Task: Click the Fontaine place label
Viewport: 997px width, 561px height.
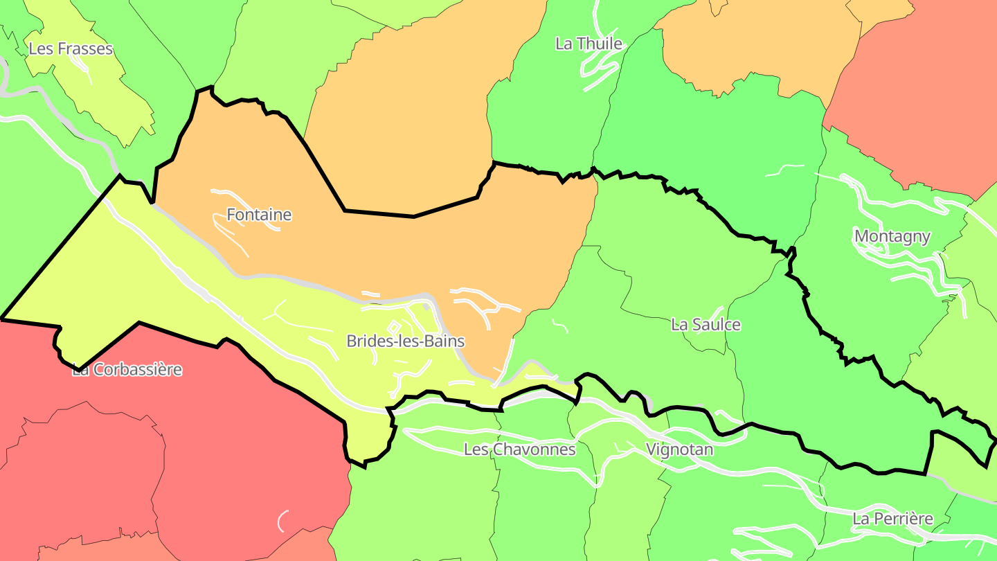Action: click(259, 215)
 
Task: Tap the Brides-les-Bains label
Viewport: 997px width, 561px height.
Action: click(405, 341)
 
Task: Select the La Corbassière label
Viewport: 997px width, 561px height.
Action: click(127, 369)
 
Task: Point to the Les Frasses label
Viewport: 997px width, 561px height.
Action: click(70, 48)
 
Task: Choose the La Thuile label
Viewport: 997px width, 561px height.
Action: click(589, 44)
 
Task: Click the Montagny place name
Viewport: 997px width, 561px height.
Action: click(892, 236)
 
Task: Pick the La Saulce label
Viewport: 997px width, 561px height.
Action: click(706, 324)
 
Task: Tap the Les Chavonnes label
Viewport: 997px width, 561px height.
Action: click(519, 449)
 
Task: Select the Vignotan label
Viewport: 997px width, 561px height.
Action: click(679, 449)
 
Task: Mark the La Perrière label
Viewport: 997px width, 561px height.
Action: click(892, 518)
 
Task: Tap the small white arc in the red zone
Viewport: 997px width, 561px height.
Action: click(282, 520)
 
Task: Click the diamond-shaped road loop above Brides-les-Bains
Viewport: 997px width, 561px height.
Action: click(393, 327)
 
